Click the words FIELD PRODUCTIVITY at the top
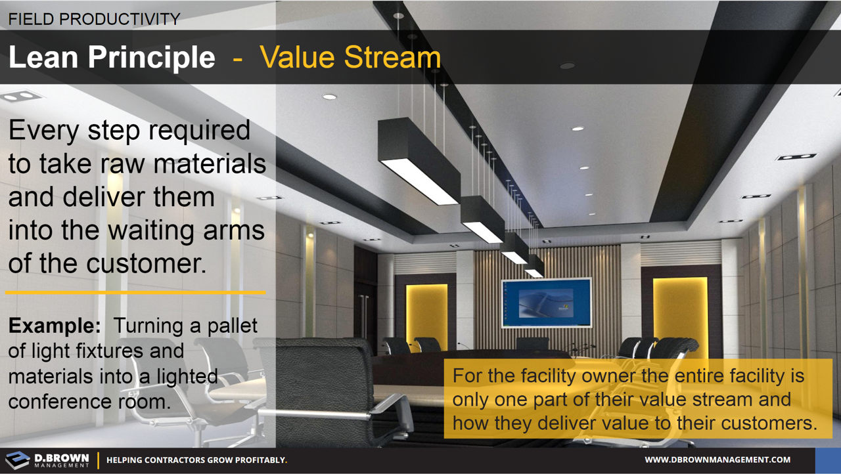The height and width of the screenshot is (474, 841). [94, 19]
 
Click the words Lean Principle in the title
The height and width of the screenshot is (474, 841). [112, 58]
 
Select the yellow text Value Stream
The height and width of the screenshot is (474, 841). [350, 58]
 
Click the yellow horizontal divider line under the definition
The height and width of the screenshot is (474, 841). [135, 292]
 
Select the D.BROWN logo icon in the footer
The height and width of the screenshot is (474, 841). [18, 460]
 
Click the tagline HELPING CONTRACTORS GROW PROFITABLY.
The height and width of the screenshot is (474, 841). [196, 460]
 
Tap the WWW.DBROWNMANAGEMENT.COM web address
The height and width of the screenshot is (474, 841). [717, 460]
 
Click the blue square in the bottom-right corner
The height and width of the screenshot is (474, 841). [827, 460]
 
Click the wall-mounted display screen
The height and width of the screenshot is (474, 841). [546, 303]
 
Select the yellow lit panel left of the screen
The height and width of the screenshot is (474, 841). [427, 308]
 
